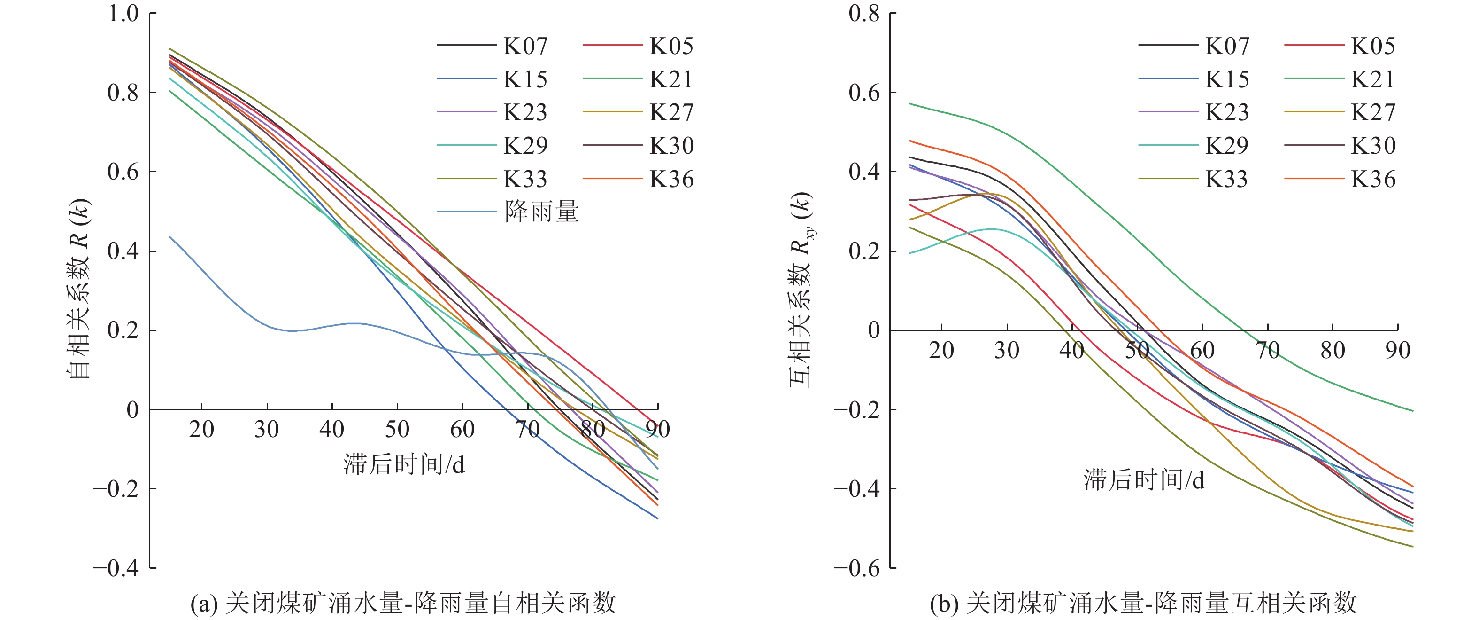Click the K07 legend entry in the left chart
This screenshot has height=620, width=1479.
click(x=525, y=46)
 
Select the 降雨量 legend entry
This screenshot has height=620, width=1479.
click(x=541, y=212)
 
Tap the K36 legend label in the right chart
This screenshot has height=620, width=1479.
click(x=1372, y=179)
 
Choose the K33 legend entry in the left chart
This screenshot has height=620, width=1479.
click(x=525, y=179)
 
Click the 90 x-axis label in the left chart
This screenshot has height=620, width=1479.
click(x=657, y=429)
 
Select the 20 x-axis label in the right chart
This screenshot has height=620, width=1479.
click(x=941, y=350)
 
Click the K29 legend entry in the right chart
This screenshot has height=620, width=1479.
click(x=1226, y=146)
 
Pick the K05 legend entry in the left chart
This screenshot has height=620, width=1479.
click(x=670, y=46)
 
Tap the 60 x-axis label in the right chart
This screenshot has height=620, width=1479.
click(x=1202, y=350)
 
